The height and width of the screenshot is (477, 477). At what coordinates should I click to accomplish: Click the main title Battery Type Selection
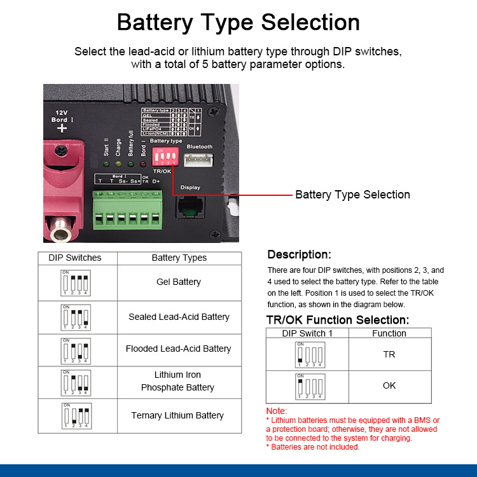238,22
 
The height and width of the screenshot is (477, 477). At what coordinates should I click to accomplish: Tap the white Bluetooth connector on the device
199,159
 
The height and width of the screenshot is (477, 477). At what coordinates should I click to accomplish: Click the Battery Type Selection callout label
352,195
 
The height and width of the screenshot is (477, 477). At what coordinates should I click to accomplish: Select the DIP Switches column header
75,258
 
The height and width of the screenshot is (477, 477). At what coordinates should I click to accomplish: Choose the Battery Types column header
179,258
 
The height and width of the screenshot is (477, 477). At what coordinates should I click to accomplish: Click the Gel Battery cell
179,282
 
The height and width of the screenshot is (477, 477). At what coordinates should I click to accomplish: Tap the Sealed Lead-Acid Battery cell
179,317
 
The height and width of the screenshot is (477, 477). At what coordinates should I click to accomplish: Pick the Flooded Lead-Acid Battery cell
179,349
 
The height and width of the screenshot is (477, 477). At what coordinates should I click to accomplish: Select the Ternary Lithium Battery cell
177,415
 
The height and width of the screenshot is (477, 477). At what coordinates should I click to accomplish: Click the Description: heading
299,254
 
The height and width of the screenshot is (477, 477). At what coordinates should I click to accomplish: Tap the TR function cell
389,354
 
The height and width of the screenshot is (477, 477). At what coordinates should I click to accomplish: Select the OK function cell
389,385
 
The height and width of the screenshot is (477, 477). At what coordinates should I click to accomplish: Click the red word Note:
277,411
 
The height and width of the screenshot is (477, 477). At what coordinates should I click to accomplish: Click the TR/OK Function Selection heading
337,320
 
